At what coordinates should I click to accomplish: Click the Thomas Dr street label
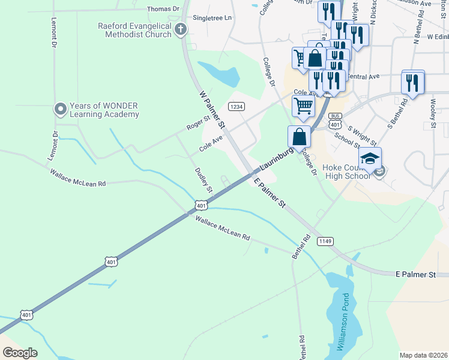tap(163, 9)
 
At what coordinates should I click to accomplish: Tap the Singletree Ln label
tap(212, 18)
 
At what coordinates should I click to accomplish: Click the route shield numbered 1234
tap(237, 106)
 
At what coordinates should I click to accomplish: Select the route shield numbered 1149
tap(325, 241)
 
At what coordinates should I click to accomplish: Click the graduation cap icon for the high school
tap(370, 159)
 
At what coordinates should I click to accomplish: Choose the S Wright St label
tap(361, 135)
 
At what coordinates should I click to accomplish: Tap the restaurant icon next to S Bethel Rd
tap(412, 83)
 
